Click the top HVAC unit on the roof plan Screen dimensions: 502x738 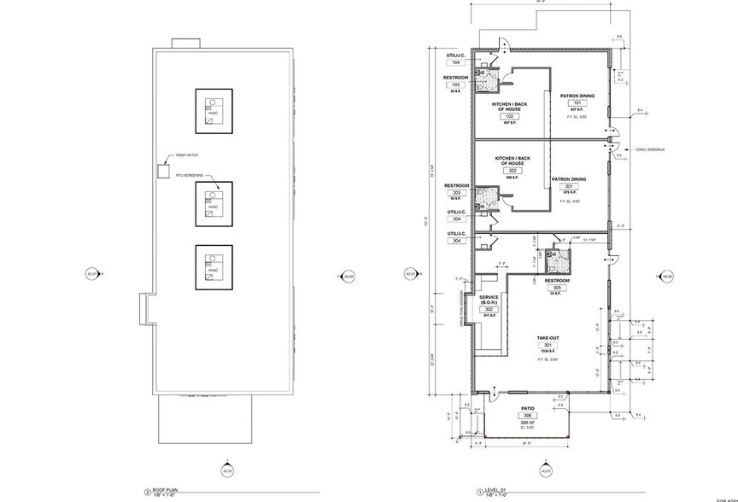[x=211, y=110]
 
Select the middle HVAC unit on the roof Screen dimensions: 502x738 [x=211, y=203]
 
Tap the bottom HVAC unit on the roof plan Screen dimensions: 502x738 [x=211, y=269]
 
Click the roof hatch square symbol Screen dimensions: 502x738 [x=162, y=170]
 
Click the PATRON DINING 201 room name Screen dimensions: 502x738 [x=568, y=179]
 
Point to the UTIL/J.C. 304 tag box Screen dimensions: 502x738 [x=455, y=241]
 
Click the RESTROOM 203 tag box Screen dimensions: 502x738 [x=457, y=193]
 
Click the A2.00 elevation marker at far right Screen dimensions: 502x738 [x=666, y=276]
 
